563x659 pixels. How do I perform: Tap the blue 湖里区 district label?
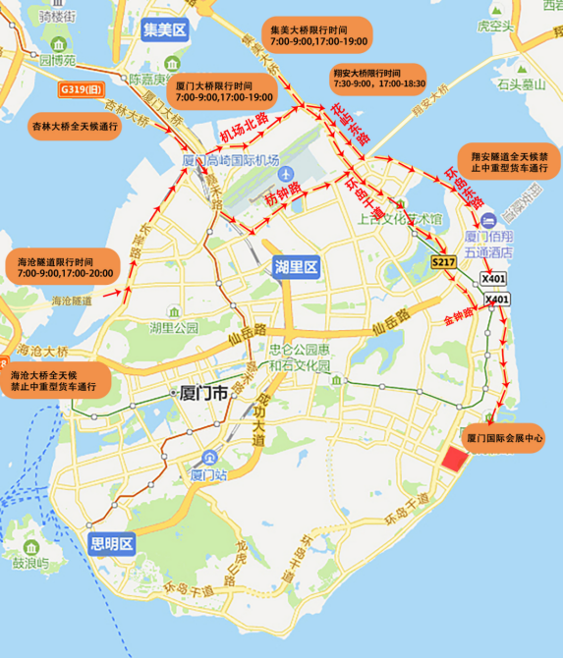click(x=296, y=266)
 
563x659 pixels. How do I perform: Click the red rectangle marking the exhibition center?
click(x=455, y=457)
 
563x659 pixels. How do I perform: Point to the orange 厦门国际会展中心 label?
click(x=505, y=436)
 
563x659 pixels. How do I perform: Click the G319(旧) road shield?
click(x=80, y=88)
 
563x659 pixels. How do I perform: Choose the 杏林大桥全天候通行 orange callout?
click(x=75, y=127)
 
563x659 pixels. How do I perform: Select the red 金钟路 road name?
click(x=458, y=316)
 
